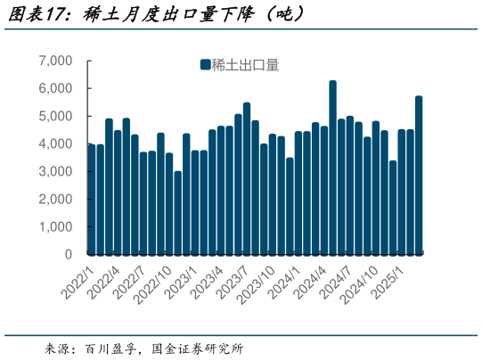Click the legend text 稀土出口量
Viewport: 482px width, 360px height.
point(245,64)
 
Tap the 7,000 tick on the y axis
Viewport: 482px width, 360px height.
point(55,61)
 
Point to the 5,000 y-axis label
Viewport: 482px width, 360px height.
point(55,116)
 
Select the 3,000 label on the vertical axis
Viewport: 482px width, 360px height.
point(55,171)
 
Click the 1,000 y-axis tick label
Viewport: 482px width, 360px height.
point(55,226)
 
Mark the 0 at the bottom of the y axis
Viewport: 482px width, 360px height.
point(69,254)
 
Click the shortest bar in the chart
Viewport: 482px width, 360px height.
point(177,213)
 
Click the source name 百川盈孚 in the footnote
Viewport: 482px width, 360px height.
point(110,348)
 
